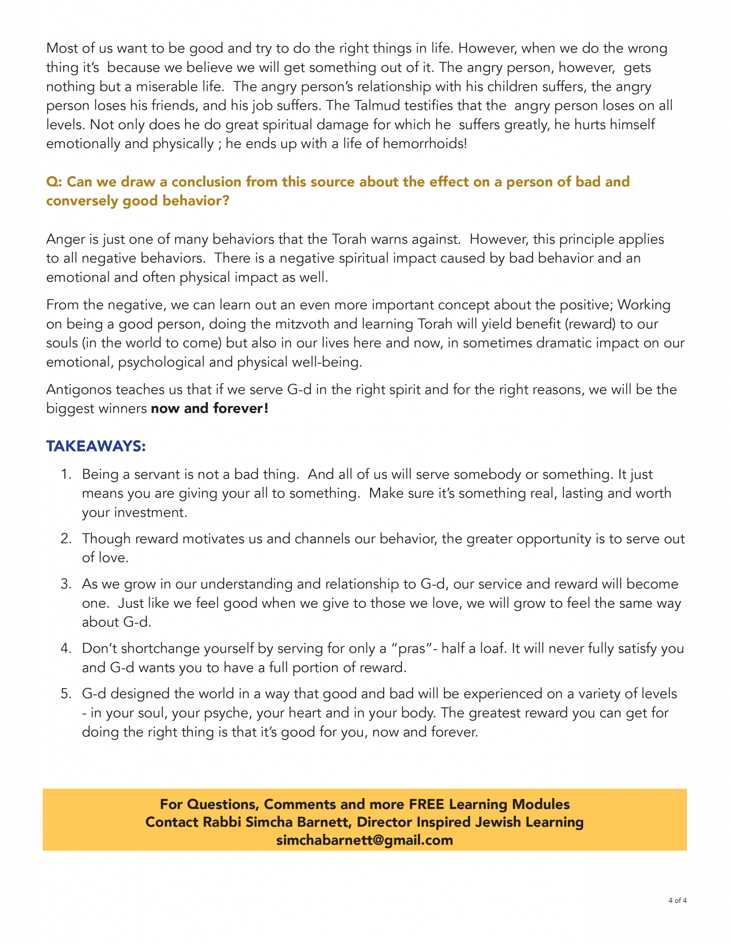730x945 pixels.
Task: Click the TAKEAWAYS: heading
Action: (96, 446)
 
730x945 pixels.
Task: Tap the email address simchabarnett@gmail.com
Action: (364, 840)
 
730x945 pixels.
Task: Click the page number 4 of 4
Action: (677, 900)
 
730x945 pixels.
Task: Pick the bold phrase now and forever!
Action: (209, 409)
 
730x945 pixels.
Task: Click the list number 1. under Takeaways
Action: (66, 474)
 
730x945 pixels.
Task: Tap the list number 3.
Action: (66, 584)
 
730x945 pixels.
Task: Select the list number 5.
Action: (66, 694)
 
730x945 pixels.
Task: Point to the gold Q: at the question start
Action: (54, 182)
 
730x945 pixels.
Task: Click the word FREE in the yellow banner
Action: (426, 804)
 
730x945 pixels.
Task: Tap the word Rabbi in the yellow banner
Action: (221, 822)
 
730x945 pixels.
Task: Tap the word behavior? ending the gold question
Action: (196, 201)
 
